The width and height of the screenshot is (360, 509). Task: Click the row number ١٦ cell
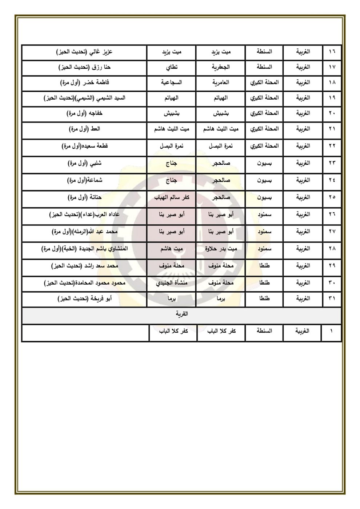(332, 52)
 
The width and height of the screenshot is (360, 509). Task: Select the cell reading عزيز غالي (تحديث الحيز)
(84, 52)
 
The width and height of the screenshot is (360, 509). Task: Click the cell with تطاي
(172, 67)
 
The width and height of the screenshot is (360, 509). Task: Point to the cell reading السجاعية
(172, 83)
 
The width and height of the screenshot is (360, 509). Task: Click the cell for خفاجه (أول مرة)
(84, 113)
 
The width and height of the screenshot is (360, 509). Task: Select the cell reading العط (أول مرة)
(84, 129)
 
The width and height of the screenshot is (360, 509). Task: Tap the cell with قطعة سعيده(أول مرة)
(84, 146)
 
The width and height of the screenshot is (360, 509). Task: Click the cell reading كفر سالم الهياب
(172, 197)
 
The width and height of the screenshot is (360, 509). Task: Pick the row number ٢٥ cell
(332, 197)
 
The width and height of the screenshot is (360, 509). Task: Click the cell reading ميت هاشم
(172, 249)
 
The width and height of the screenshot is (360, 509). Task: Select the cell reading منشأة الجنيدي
(172, 283)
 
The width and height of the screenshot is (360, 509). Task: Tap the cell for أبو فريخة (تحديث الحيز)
(84, 299)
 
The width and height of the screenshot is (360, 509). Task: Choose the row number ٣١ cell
(332, 299)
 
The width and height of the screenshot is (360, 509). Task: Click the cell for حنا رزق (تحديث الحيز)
(84, 67)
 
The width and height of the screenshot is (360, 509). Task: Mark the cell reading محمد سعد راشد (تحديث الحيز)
(84, 266)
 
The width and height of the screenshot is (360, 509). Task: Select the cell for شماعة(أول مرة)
(84, 180)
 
